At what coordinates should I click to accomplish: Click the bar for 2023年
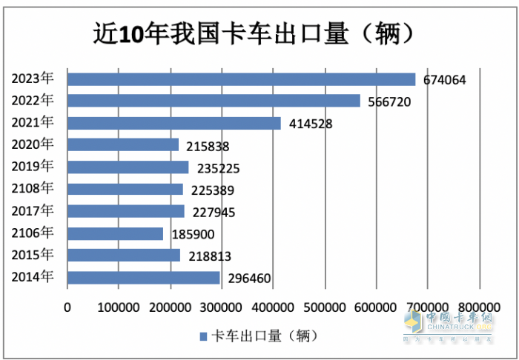241,79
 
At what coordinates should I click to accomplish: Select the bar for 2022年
214,101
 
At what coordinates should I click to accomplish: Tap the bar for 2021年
174,123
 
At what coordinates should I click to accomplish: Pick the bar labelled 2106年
115,233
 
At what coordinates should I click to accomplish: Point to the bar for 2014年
144,278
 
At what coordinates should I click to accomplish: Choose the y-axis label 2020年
33,144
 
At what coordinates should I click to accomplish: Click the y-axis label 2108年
33,188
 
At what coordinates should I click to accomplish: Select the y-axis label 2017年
33,210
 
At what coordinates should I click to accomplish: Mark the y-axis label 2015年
33,255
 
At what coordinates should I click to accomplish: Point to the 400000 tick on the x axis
273,307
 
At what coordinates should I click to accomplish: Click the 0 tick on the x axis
67,307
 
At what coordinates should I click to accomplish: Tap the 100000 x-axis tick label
119,307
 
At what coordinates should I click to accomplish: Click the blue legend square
203,337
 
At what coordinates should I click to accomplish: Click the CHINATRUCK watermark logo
449,324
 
